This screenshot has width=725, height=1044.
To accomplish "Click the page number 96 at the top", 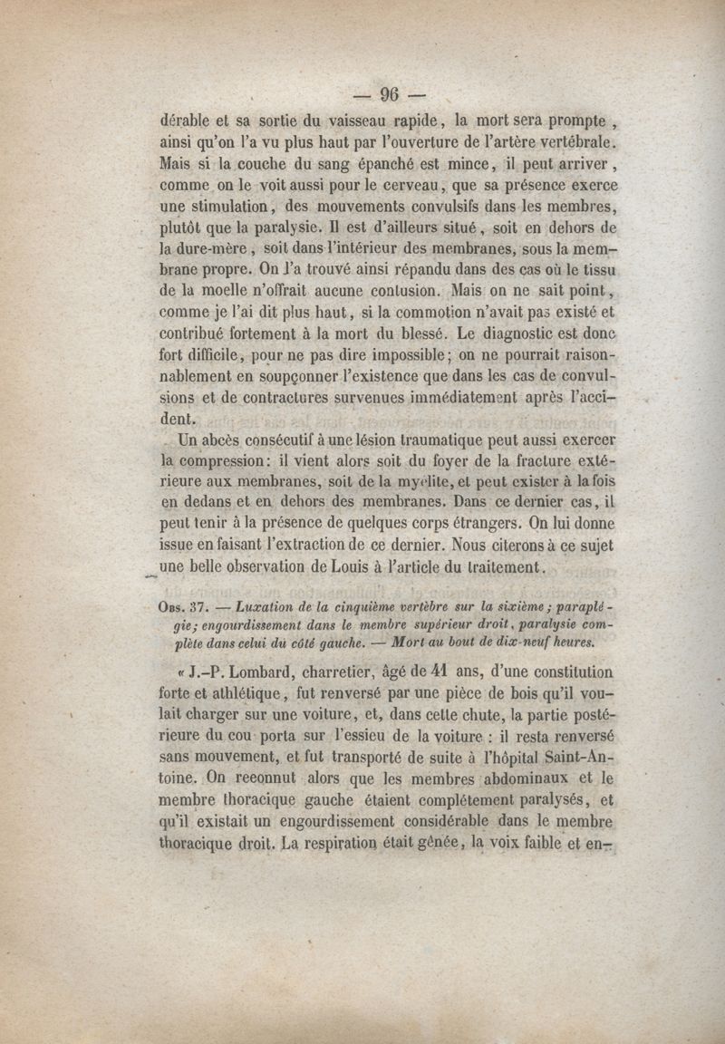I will point(391,94).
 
